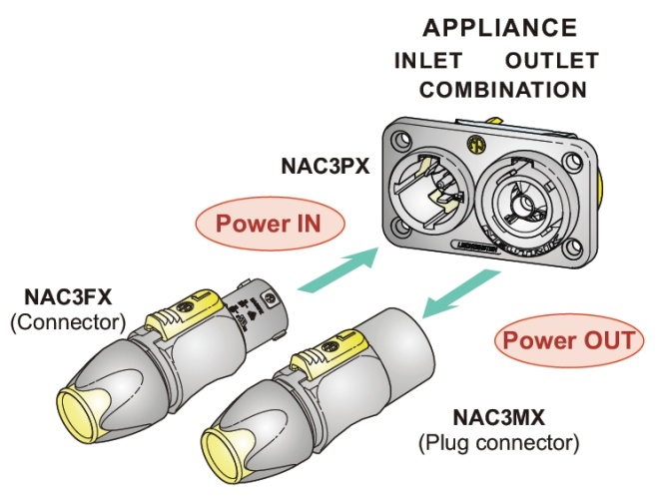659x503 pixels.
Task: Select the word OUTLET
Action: point(551,60)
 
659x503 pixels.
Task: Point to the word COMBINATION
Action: point(502,90)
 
